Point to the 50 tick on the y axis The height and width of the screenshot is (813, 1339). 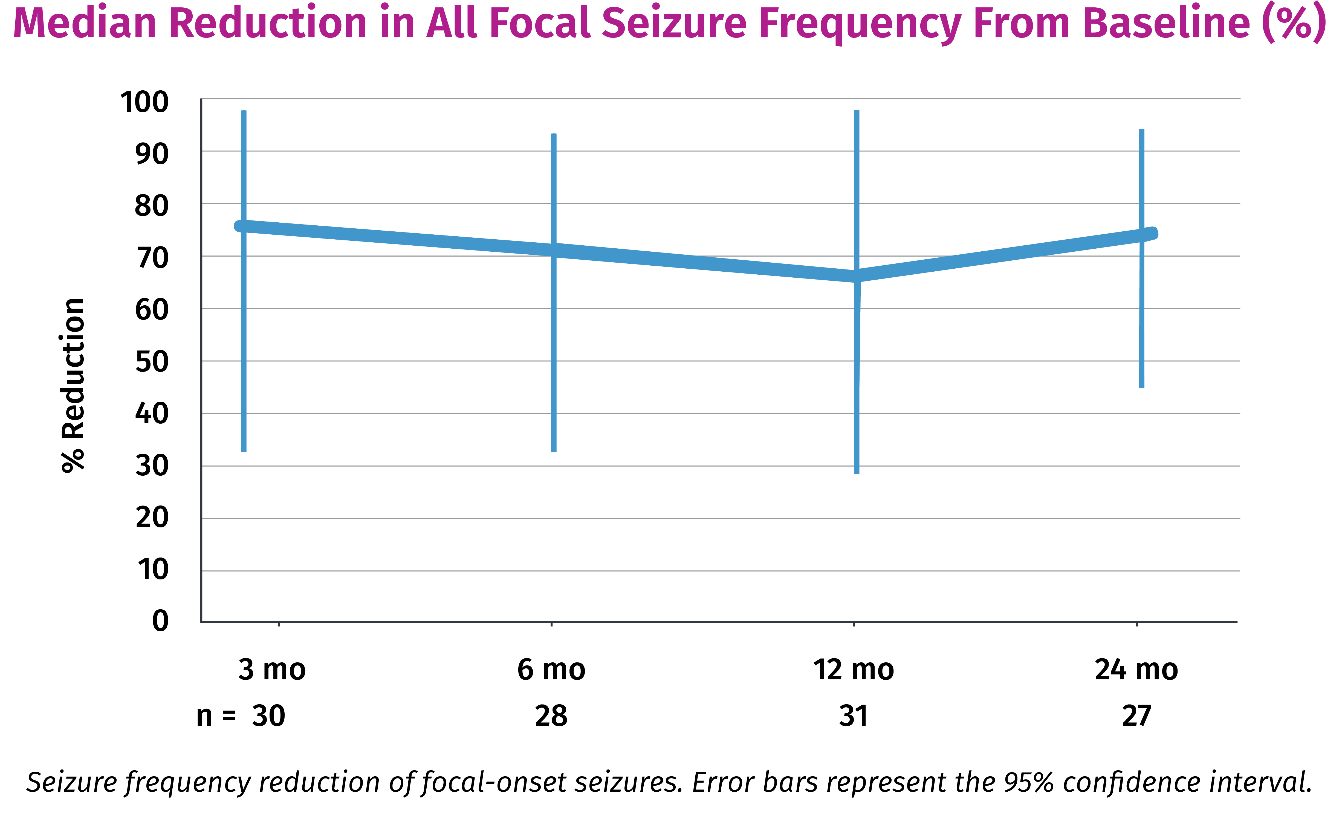coord(152,362)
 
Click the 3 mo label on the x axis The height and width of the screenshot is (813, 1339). coord(272,670)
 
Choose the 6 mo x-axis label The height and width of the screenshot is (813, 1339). coord(551,670)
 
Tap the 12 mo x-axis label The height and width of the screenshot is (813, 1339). coord(853,670)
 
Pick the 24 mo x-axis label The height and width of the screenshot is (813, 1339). coord(1136,670)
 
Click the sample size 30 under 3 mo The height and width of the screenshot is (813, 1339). coord(268,716)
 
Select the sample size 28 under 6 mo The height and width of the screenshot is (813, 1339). coord(551,716)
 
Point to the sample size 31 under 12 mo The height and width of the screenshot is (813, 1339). coord(853,716)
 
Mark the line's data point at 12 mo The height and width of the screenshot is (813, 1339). coord(857,276)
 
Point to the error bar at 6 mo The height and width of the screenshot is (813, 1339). coord(554,354)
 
